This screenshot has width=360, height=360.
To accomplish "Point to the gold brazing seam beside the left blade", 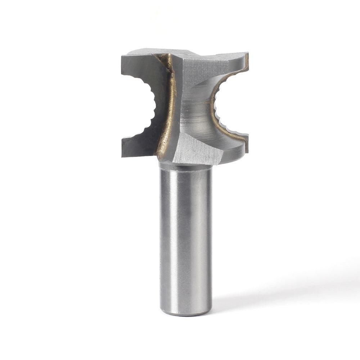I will pos(169,115).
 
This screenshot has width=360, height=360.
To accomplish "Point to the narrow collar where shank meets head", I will pos(185,166).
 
